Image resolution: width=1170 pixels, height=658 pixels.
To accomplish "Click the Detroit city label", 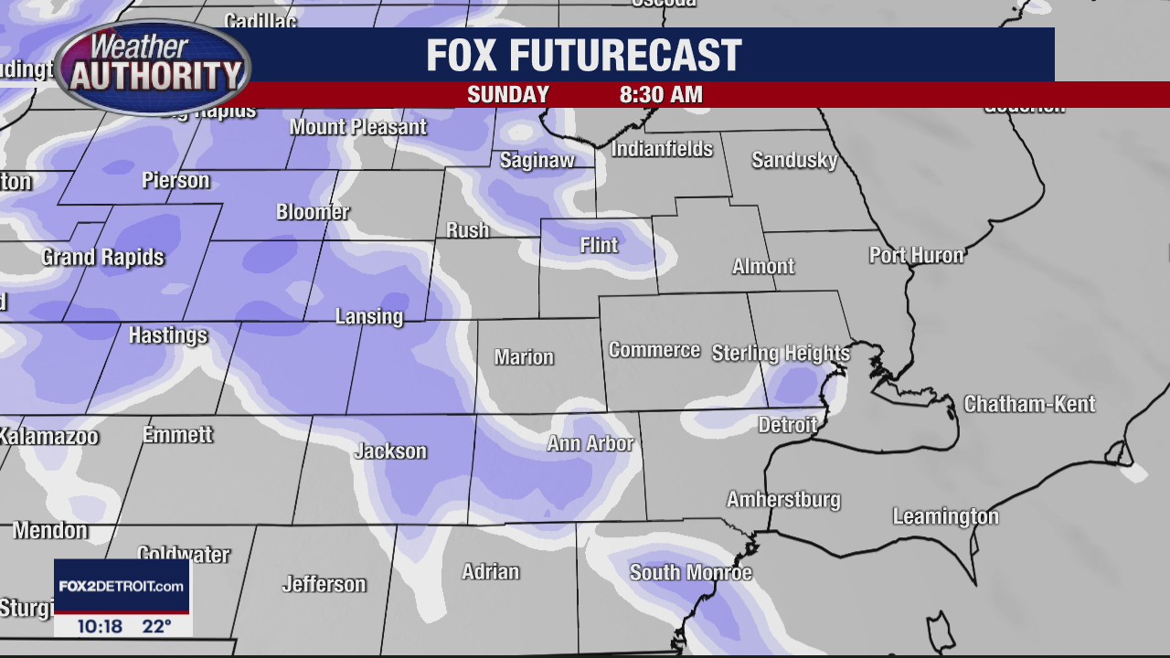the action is point(787,425).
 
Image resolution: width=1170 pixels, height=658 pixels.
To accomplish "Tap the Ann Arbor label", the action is point(590,443).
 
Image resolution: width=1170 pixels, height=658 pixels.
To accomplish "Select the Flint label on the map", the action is point(600,245).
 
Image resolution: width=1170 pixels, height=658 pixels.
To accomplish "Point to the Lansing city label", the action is point(368,316).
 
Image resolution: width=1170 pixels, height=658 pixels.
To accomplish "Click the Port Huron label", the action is point(916,255).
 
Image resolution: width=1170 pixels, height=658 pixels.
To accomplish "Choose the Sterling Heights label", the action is point(781,353).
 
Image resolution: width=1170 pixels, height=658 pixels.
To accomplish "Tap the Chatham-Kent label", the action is point(1029,404).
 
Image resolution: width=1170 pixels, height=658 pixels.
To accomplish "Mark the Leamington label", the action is point(945,516).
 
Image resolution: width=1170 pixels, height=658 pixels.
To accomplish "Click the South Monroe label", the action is point(690,572).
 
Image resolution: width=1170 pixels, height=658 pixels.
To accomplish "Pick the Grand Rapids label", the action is point(102,257).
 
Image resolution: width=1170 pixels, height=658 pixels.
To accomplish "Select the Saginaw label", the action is point(537,160).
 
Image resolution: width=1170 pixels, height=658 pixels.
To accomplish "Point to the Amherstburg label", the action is point(783,499).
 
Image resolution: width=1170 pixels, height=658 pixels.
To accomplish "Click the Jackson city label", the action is point(390,451).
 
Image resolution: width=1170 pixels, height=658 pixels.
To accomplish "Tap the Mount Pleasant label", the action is point(357,127).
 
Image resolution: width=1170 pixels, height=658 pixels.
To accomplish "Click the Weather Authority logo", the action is point(152,66).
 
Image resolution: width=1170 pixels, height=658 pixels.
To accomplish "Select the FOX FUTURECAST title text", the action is point(583,56).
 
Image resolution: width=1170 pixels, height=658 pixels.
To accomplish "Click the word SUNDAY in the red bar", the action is point(508,95).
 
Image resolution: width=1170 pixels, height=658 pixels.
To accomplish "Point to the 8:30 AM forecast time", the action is point(661,95).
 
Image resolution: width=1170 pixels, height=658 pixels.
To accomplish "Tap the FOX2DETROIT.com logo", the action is point(122,586).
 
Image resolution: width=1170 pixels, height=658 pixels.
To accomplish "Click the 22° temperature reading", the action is point(156,626).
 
